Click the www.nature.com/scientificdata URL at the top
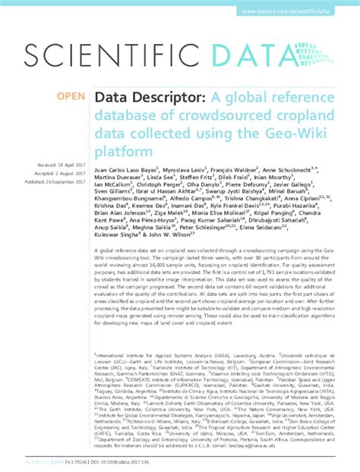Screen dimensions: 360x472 (x=300, y=13)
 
